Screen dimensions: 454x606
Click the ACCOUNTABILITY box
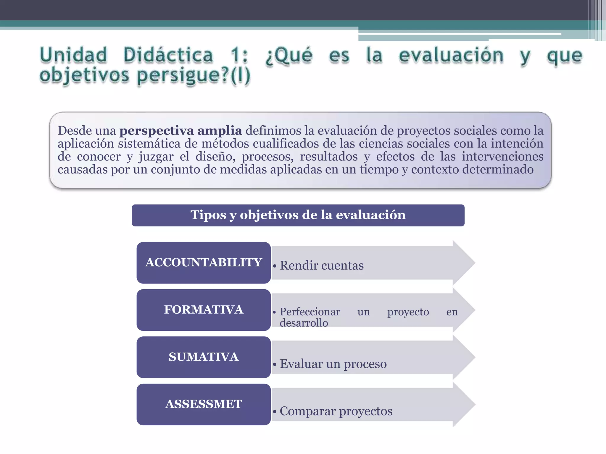pos(204,262)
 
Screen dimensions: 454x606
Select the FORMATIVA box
pos(204,310)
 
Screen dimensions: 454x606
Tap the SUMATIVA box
pos(204,357)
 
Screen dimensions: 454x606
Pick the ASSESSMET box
pos(204,404)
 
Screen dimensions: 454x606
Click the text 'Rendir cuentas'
pos(322,265)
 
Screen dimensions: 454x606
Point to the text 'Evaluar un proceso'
pos(333,364)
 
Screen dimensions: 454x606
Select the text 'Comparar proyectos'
pos(336,411)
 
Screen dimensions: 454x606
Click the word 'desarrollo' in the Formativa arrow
pos(304,323)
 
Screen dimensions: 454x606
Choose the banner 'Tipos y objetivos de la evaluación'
pos(298,215)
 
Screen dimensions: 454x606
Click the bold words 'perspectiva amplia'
pos(180,131)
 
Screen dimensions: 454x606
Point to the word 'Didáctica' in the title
pos(168,55)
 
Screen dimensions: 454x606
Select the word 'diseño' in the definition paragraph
pos(215,157)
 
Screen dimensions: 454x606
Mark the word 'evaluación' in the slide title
pos(451,55)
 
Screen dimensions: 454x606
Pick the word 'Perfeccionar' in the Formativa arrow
pos(310,312)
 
